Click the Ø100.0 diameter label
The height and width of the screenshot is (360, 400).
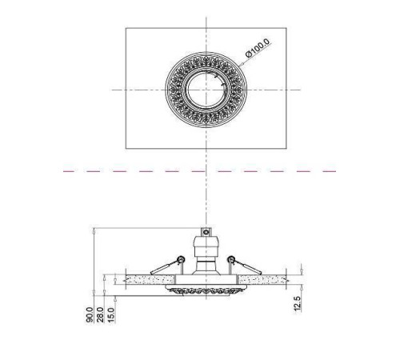pos(258,48)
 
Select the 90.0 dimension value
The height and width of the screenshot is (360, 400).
pos(90,314)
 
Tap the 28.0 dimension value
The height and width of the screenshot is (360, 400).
pos(100,314)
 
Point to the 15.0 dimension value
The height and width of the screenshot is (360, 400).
pos(110,314)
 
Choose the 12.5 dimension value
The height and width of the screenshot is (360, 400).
pos(298,303)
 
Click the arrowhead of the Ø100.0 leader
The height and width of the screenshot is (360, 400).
pos(240,64)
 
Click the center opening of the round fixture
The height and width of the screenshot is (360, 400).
pos(206,90)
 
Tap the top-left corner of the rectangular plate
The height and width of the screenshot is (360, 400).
pos(126,28)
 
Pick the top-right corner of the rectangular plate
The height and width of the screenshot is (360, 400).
pos(286,28)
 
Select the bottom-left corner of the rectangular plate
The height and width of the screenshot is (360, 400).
pos(126,148)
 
